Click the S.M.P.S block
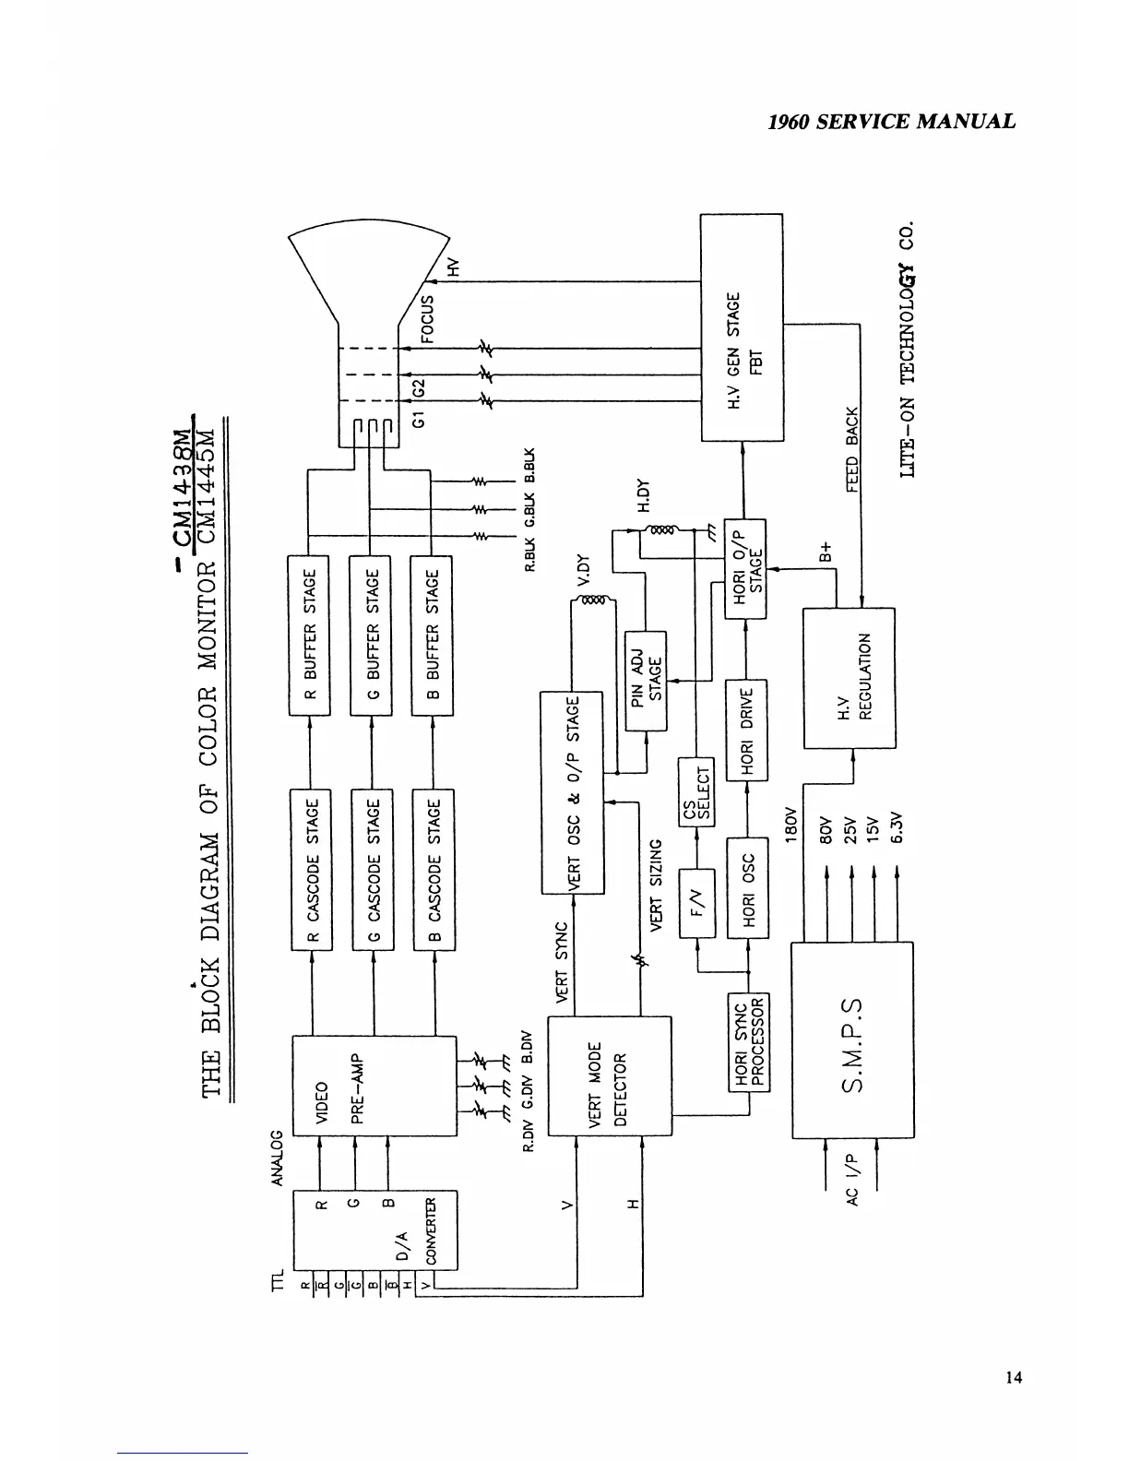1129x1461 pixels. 851,1040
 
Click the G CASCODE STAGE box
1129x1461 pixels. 373,870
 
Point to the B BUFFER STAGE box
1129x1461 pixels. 432,635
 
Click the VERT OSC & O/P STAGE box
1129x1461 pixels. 572,793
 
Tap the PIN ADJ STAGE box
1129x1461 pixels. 647,681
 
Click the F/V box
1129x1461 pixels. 697,903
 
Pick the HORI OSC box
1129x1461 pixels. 747,887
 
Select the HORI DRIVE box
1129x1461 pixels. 747,730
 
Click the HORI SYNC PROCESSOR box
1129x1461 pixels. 748,1041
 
